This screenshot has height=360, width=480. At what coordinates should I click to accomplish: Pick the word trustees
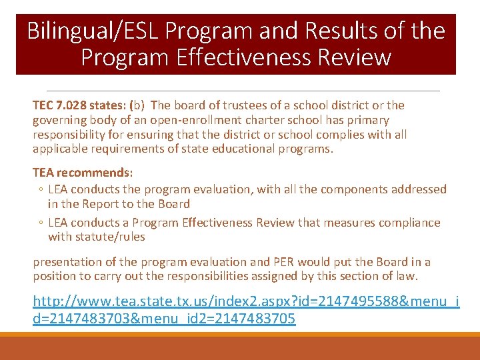pyautogui.click(x=238, y=105)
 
